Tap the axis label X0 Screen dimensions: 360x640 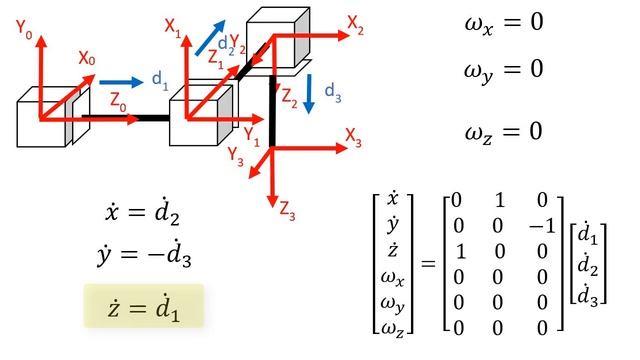(x=87, y=60)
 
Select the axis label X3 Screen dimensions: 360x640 (x=353, y=133)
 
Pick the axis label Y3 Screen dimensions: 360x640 (x=235, y=155)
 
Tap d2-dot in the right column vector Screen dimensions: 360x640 (x=585, y=266)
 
